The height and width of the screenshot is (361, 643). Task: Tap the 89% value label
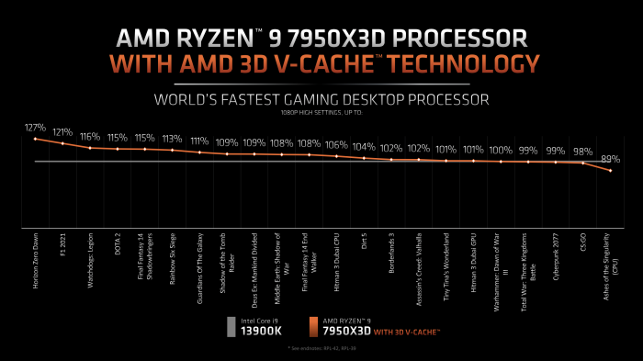tap(610, 158)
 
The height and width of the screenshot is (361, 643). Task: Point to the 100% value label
tap(501, 150)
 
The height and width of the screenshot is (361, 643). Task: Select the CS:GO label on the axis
tap(582, 246)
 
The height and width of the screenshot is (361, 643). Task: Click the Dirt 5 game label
tap(364, 246)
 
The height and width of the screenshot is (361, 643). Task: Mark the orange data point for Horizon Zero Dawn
tap(35, 139)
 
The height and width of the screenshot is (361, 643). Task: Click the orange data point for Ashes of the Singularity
tap(610, 172)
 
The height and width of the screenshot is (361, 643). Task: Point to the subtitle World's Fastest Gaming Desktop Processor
tap(321, 98)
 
